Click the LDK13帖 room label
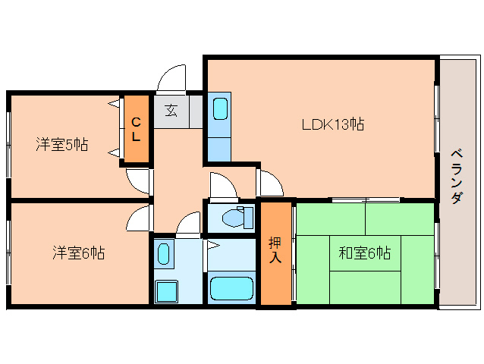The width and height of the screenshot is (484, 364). pos(333,124)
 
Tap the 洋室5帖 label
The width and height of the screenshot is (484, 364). pos(62,144)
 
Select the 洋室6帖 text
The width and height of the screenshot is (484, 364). pos(78,253)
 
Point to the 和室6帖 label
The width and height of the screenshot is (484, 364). pos(365,253)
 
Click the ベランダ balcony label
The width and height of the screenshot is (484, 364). pos(457,177)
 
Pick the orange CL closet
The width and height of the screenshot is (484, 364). pos(137,129)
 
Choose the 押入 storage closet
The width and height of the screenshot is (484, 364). pos(275,253)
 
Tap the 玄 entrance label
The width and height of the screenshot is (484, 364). pos(171,111)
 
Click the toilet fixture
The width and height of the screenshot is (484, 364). pos(237,217)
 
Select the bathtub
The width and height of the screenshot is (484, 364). pos(231,288)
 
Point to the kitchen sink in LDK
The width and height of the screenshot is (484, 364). pos(221,108)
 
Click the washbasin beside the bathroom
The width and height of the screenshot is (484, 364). pos(163,254)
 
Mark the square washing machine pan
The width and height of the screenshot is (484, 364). pos(167,291)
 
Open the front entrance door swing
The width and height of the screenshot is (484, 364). pos(171,80)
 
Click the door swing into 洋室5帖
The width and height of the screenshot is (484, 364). pos(139,182)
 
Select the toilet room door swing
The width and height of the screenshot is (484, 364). pos(224,186)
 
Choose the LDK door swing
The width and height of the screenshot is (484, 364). pos(269,183)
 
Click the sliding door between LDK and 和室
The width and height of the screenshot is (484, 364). pos(366,199)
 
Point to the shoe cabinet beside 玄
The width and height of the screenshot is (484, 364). pos(196,111)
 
